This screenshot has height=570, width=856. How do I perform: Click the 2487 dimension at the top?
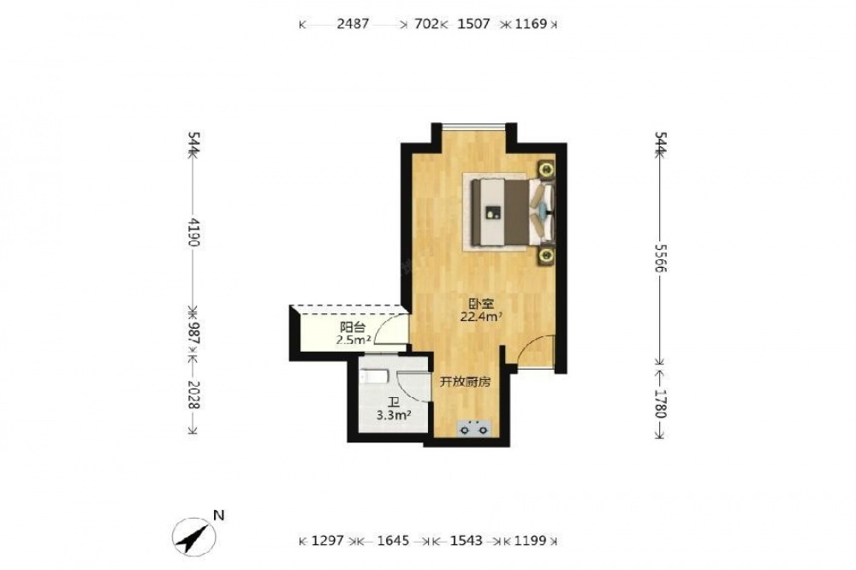353,24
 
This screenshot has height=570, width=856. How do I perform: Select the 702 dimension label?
427,24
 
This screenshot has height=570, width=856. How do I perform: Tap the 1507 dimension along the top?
473,24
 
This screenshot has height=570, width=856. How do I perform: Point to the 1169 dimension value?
531,24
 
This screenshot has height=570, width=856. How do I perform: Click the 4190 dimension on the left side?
193,231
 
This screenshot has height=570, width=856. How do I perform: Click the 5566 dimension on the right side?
661,257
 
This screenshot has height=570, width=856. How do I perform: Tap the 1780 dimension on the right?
661,404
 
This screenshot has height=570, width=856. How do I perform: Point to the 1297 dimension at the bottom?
328,541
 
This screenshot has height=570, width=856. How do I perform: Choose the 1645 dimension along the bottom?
393,541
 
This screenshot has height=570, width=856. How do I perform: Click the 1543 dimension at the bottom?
467,541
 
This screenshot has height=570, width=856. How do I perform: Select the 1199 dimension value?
530,541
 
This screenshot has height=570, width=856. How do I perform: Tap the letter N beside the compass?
219,515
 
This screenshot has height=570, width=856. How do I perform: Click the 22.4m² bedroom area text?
481,317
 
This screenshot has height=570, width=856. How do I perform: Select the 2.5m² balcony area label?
354,340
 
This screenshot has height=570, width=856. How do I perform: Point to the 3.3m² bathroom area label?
394,415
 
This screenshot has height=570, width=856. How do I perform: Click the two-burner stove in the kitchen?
474,428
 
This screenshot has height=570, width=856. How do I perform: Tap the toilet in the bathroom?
374,376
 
